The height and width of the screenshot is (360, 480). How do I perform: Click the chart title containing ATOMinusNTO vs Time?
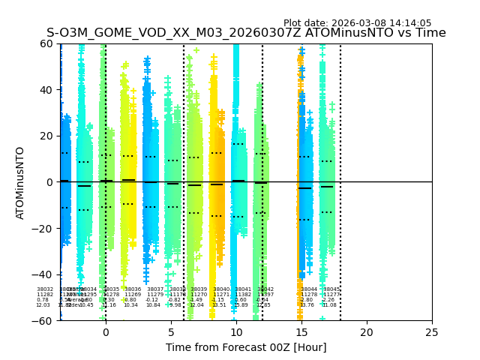246,33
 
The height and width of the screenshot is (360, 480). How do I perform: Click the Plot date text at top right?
357,23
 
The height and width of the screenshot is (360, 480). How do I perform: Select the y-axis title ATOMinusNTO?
21,182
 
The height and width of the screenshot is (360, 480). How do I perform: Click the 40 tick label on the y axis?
46,90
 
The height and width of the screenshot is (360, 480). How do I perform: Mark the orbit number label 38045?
331,289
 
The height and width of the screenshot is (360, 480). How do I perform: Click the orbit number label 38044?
309,289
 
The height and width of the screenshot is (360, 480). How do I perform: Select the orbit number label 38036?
133,289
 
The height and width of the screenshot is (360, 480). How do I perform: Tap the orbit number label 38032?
45,289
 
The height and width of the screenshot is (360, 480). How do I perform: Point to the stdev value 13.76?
307,305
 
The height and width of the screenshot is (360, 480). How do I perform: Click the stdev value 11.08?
330,305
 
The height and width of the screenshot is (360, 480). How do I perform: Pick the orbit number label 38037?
155,289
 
